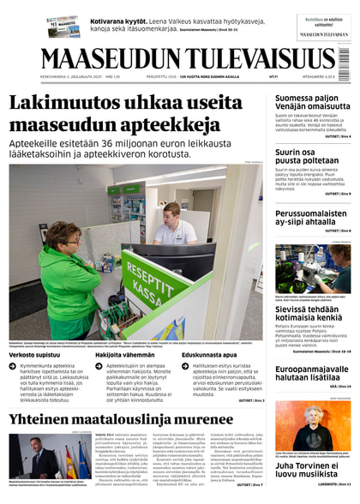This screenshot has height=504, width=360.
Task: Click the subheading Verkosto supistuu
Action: [x=34, y=353]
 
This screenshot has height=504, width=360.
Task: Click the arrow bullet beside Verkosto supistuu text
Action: [x=14, y=366]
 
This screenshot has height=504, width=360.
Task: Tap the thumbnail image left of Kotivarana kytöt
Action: [x=63, y=26]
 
